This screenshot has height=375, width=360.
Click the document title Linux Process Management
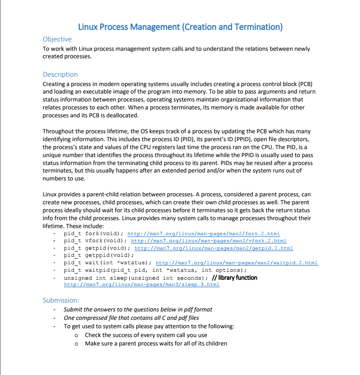pyautogui.click(x=180, y=26)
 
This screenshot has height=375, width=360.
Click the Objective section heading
pyautogui.click(x=57, y=39)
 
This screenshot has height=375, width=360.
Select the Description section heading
pyautogui.click(x=60, y=75)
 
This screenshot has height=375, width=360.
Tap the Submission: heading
pyautogui.click(x=61, y=300)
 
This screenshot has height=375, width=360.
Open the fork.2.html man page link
pyautogui.click(x=203, y=233)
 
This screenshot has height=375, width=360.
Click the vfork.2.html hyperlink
pyautogui.click(x=209, y=241)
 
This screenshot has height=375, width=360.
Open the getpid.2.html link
pyautogui.click(x=214, y=248)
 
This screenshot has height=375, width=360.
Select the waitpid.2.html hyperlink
pyautogui.click(x=237, y=263)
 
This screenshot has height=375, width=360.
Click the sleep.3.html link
pyautogui.click(x=142, y=285)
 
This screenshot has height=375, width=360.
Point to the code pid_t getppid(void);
pyautogui.click(x=98, y=255)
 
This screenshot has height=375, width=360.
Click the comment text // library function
pyautogui.click(x=234, y=277)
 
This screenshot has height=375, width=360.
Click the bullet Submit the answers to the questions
pyautogui.click(x=138, y=309)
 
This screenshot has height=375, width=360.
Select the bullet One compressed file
pyautogui.click(x=131, y=318)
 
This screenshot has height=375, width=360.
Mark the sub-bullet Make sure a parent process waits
pyautogui.click(x=156, y=343)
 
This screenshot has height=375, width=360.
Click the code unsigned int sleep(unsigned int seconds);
pyautogui.click(x=136, y=278)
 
